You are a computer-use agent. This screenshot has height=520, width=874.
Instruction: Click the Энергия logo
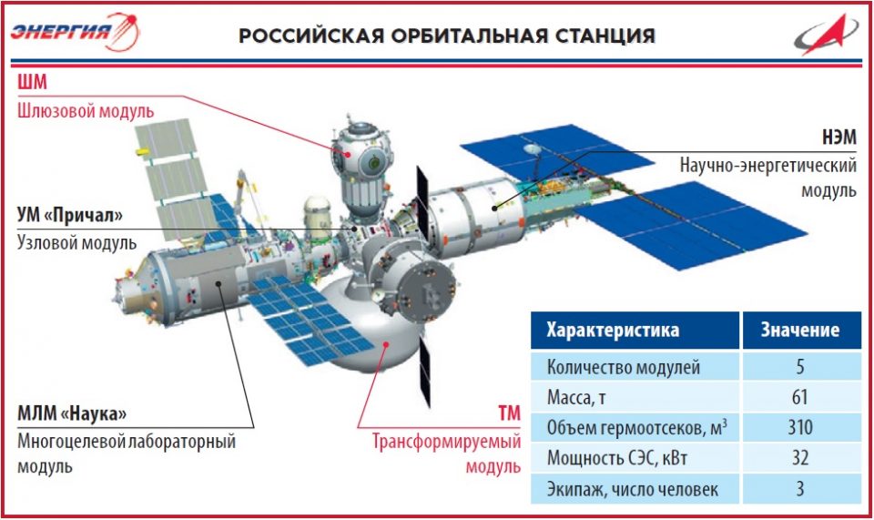pyautogui.click(x=75, y=32)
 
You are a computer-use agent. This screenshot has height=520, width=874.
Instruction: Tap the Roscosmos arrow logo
pyautogui.click(x=826, y=35)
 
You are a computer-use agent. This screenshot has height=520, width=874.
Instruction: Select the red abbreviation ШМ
pyautogui.click(x=32, y=83)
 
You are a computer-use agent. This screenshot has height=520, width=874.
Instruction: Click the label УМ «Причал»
pyautogui.click(x=70, y=215)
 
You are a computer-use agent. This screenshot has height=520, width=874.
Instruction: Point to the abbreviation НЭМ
pyautogui.click(x=838, y=138)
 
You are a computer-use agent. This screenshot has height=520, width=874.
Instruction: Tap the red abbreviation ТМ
pyautogui.click(x=509, y=413)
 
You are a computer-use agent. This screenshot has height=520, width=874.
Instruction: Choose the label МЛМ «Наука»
pyautogui.click(x=72, y=413)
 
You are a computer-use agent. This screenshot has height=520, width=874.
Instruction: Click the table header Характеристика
pyautogui.click(x=613, y=330)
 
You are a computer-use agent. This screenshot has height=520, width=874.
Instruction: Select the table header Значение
pyautogui.click(x=800, y=330)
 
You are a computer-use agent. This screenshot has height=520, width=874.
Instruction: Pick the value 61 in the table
pyautogui.click(x=800, y=397)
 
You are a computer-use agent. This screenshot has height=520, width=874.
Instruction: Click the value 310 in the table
pyautogui.click(x=800, y=427)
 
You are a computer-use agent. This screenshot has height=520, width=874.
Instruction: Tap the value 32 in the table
pyautogui.click(x=800, y=457)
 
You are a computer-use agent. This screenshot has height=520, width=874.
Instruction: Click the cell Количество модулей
pyautogui.click(x=623, y=367)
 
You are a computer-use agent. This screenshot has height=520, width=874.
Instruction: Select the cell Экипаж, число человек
pyautogui.click(x=633, y=489)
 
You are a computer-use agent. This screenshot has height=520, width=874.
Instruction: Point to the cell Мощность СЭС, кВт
pyautogui.click(x=616, y=458)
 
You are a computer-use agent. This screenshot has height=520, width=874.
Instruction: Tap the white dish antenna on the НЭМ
pyautogui.click(x=533, y=149)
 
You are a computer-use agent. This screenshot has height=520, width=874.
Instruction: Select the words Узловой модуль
pyautogui.click(x=76, y=243)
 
